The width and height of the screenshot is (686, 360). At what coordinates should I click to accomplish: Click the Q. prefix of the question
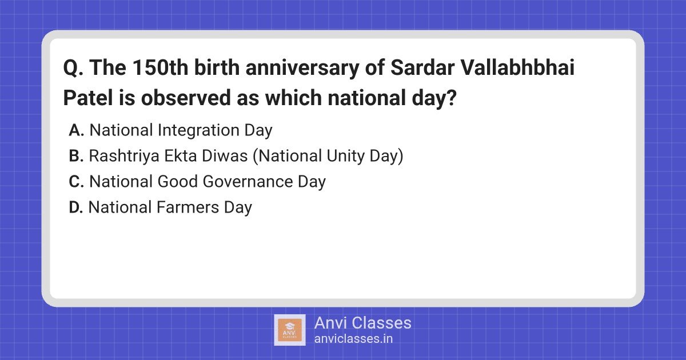(73, 70)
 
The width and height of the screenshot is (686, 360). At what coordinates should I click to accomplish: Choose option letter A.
(76, 130)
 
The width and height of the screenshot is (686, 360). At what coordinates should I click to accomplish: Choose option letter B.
(76, 156)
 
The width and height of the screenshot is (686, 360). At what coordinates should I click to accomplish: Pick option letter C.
(76, 182)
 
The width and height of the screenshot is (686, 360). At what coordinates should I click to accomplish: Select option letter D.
(76, 207)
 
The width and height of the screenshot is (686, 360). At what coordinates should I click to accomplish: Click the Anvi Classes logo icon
(289, 330)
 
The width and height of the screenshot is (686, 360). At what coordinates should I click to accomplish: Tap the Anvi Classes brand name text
(362, 323)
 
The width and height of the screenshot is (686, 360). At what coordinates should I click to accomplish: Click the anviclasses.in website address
(353, 338)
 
